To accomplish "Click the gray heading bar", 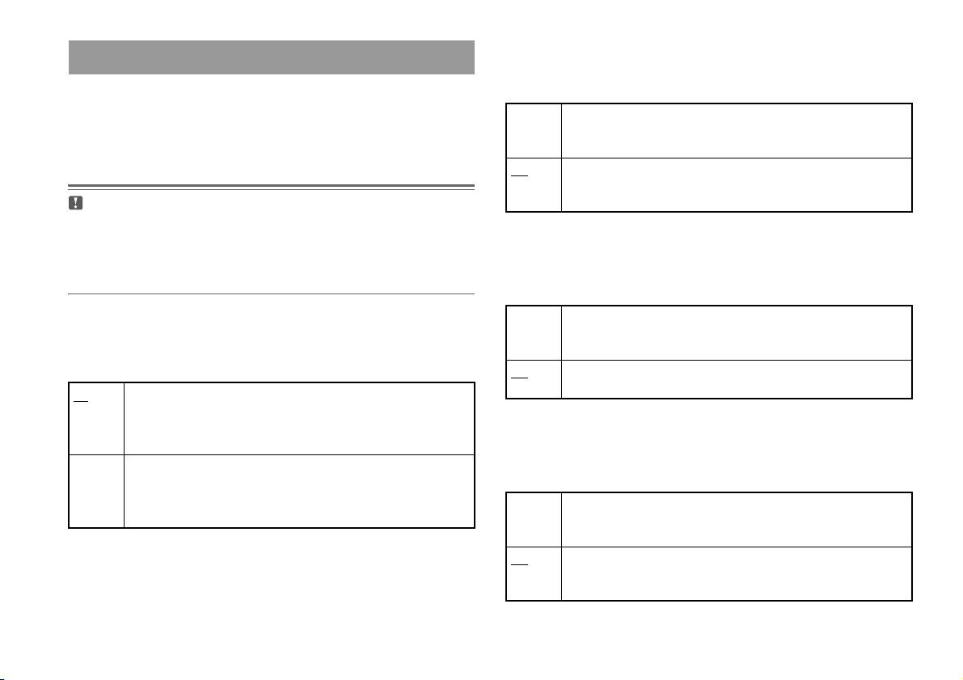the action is click(x=271, y=57).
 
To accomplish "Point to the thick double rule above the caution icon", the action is click(x=271, y=186).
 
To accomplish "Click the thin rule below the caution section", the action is click(x=271, y=294).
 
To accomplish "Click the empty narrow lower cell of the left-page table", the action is click(x=96, y=491).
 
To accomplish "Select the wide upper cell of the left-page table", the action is click(x=298, y=418).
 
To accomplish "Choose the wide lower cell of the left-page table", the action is click(x=298, y=491).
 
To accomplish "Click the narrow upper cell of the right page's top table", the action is click(x=534, y=130).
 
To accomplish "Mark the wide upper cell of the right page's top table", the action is click(x=736, y=130).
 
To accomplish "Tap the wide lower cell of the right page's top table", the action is click(x=736, y=184).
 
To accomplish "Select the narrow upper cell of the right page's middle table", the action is click(x=534, y=332).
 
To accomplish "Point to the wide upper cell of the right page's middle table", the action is click(x=736, y=332).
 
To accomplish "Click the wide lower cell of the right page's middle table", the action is click(x=736, y=379).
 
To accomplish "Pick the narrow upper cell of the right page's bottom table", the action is click(x=534, y=519).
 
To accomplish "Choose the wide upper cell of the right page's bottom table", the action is click(x=736, y=519).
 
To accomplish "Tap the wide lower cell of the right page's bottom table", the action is click(x=736, y=573).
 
